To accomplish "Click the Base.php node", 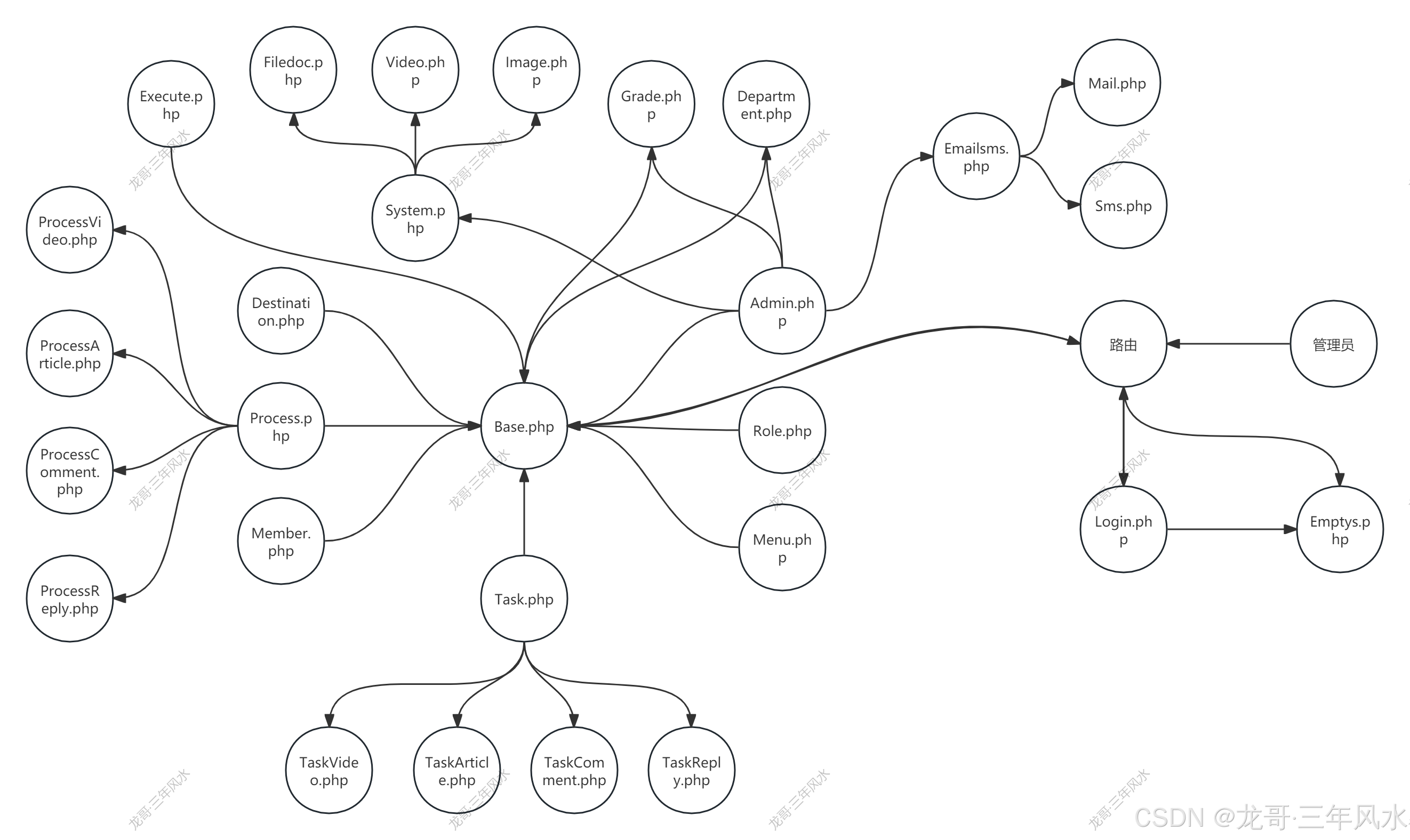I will (524, 426).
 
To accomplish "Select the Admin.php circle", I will (782, 311).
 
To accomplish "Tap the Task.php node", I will (524, 599).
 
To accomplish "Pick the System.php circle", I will (415, 219).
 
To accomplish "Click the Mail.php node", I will (1117, 83).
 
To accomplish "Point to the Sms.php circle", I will (1123, 206).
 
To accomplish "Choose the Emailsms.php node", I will (976, 157).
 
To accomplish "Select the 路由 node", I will (1123, 344).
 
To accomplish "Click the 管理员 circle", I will (1333, 344).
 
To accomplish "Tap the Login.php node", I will (1123, 529).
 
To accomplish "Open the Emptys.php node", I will (1339, 529).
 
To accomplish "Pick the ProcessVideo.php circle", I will (70, 230).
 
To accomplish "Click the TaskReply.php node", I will (691, 770).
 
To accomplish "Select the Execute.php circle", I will (171, 104).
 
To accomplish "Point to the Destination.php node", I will (281, 311).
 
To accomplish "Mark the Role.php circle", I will (782, 430).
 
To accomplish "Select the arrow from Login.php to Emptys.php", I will (1232, 529).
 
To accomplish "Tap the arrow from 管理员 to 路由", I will (1229, 344).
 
